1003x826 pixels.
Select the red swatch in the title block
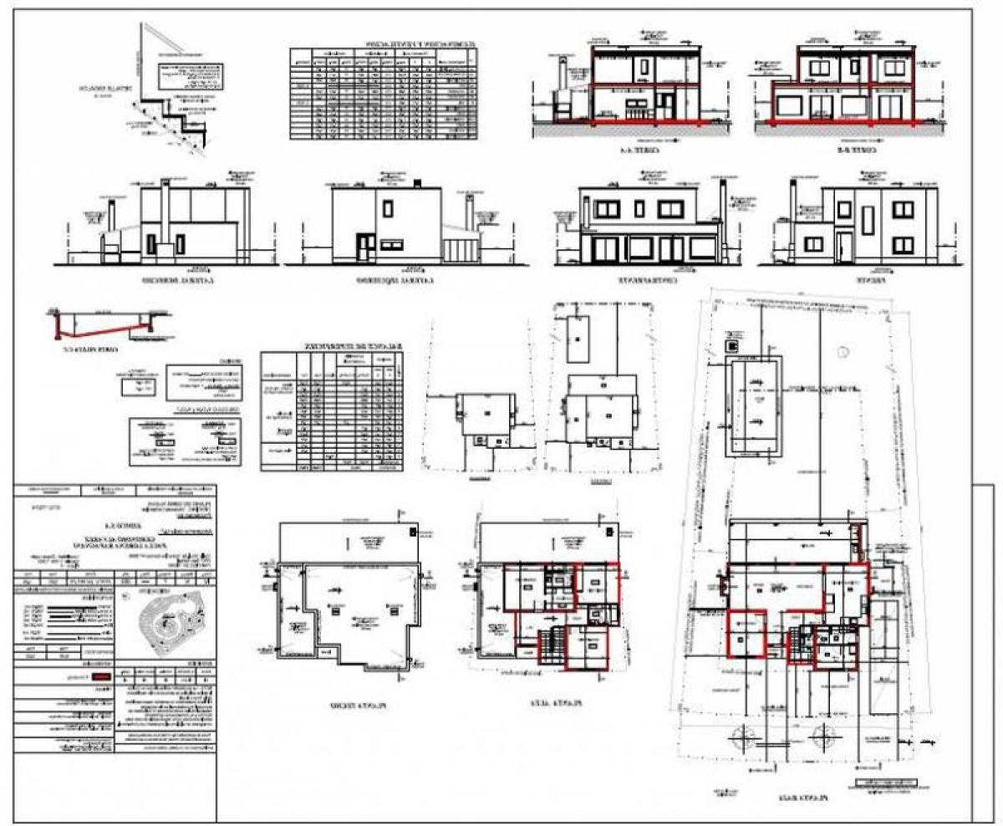tap(101, 677)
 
